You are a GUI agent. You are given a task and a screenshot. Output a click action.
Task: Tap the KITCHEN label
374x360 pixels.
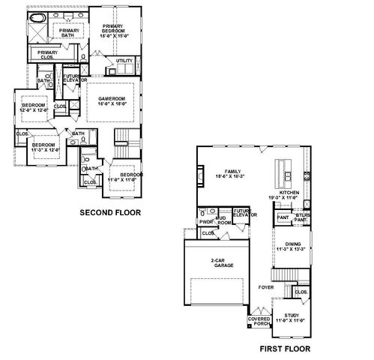pos(289,195)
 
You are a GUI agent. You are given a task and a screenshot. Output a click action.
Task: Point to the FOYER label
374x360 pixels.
pos(266,286)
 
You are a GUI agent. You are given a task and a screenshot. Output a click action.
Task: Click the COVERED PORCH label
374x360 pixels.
pos(259,321)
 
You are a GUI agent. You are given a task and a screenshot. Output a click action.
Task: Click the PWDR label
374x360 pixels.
pos(206,222)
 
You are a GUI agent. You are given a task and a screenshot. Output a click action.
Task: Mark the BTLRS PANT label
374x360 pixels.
pos(302,217)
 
